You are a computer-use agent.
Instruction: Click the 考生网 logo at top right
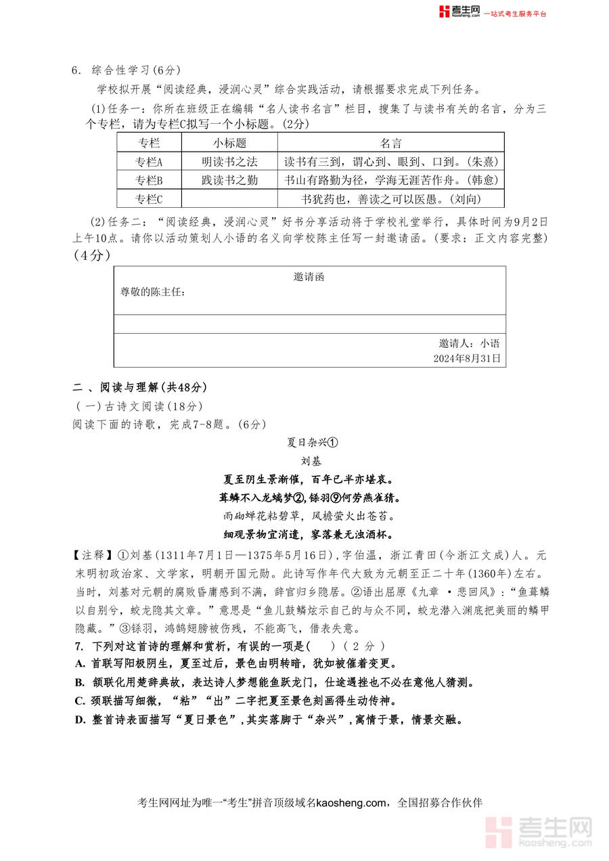pyautogui.click(x=459, y=12)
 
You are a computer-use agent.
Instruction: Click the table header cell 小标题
pyautogui.click(x=229, y=143)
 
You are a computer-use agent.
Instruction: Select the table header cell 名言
pyautogui.click(x=390, y=143)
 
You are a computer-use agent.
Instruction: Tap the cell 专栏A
pyautogui.click(x=149, y=162)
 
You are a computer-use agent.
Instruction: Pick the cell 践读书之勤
pyautogui.click(x=229, y=180)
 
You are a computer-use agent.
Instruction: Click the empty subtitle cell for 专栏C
pyautogui.click(x=229, y=198)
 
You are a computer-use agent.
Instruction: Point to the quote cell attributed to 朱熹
pyautogui.click(x=390, y=162)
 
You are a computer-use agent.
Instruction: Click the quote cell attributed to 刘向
pyautogui.click(x=390, y=198)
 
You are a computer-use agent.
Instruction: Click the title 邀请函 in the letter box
pyautogui.click(x=309, y=277)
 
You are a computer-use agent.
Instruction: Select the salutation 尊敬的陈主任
pyautogui.click(x=152, y=292)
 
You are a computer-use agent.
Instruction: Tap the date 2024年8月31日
pyautogui.click(x=467, y=359)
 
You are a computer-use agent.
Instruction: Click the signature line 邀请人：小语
pyautogui.click(x=469, y=343)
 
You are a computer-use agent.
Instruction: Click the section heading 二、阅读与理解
pyautogui.click(x=139, y=387)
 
